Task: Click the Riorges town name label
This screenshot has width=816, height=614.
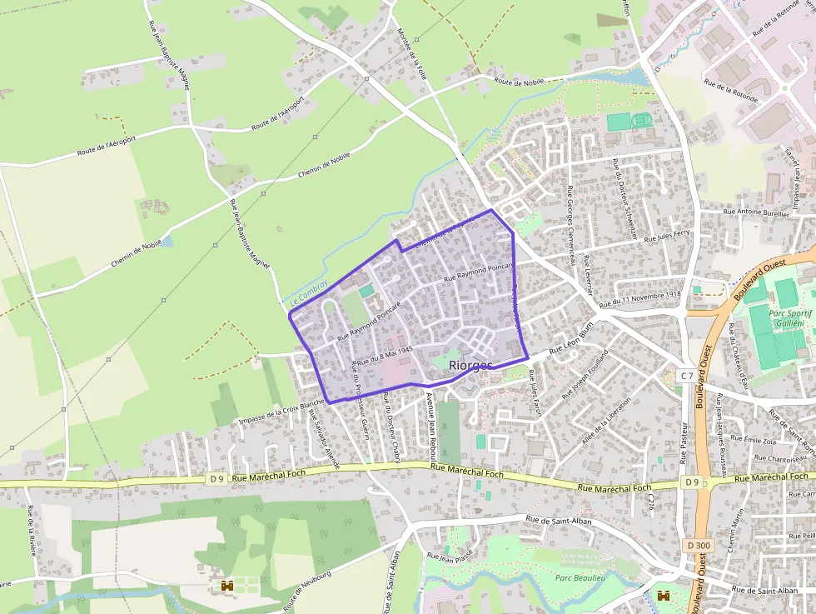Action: point(470,365)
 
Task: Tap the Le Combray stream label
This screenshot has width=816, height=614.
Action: point(309,291)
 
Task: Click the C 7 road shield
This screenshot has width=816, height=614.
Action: point(686,376)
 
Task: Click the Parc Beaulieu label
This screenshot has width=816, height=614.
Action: point(580,577)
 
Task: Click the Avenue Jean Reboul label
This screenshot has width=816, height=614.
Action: point(431,422)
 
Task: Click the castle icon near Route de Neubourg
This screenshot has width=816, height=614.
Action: point(225,587)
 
